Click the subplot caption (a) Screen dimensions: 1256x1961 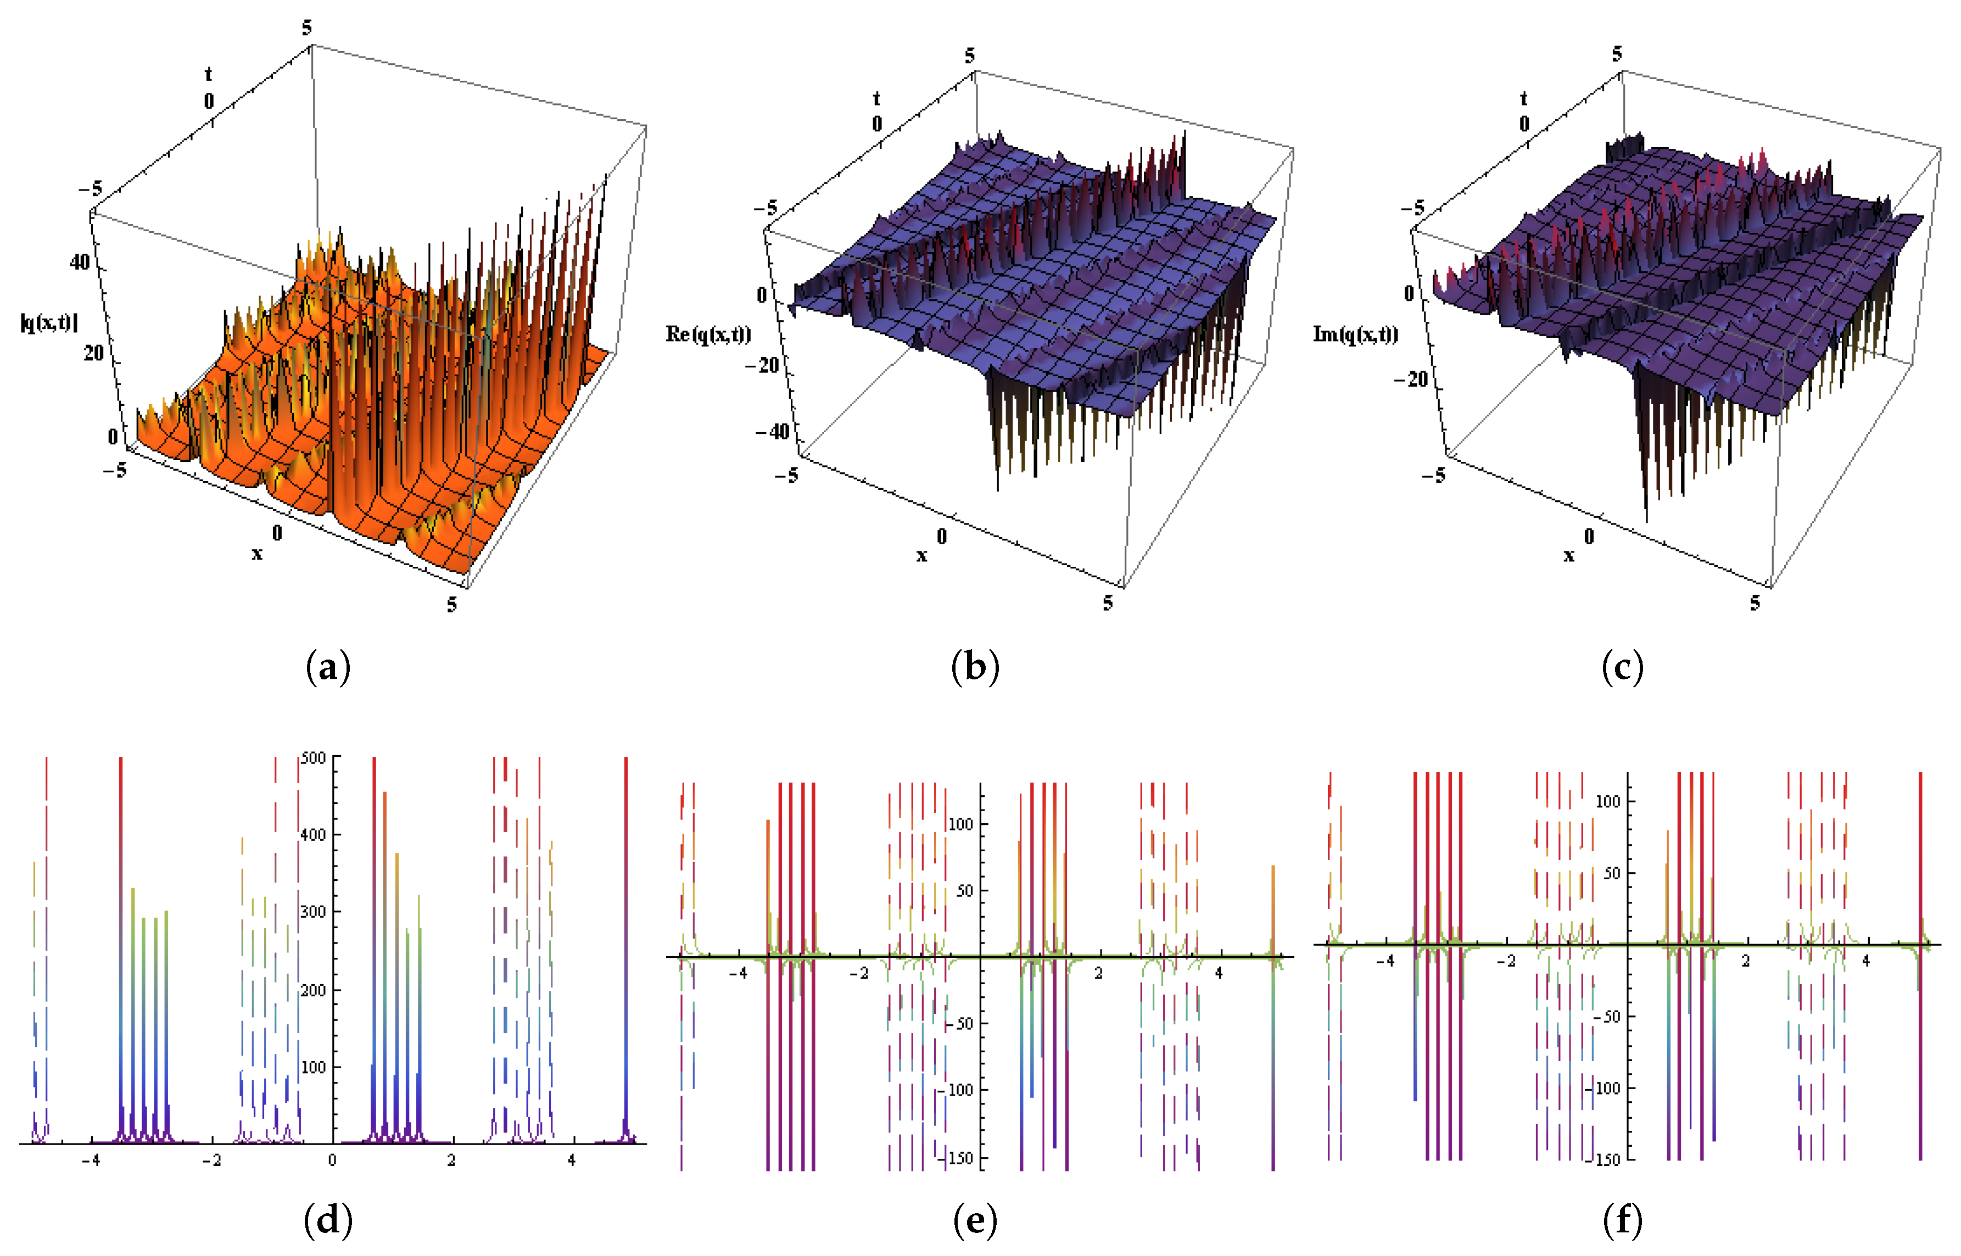(x=328, y=667)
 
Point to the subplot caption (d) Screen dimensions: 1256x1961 (x=328, y=1221)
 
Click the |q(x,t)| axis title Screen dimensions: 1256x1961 (x=49, y=323)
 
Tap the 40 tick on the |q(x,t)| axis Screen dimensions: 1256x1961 (x=80, y=263)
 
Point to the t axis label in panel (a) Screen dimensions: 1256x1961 (x=208, y=74)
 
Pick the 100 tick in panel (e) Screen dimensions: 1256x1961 (x=962, y=824)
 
